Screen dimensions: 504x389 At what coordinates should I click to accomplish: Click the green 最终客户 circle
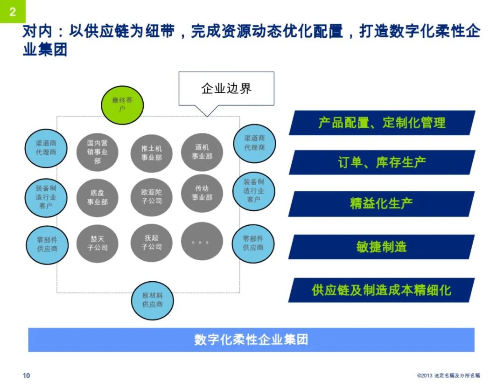[x=122, y=104]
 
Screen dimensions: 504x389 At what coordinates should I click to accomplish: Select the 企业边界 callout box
[x=226, y=88]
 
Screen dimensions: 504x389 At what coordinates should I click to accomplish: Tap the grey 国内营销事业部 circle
[x=97, y=152]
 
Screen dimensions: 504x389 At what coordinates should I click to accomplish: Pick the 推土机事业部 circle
[x=151, y=153]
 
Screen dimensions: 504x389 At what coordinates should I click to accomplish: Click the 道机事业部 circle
[x=202, y=152]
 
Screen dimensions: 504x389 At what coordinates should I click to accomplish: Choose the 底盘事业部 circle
[x=97, y=197]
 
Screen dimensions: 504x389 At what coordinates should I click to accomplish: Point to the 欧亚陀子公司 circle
[x=151, y=196]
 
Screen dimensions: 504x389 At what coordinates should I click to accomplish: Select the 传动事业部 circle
[x=202, y=193]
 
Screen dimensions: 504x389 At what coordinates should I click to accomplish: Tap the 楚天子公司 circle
[x=97, y=243]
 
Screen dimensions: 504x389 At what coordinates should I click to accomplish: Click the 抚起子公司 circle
[x=151, y=242]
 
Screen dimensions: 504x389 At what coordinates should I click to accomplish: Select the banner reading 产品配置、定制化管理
[x=381, y=123]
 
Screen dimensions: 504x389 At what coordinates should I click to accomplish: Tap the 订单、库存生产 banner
[x=381, y=163]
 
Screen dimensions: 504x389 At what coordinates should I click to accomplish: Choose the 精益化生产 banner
[x=381, y=203]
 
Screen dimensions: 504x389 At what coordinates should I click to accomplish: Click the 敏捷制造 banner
[x=381, y=247]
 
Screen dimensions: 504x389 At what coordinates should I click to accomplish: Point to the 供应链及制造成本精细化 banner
[x=381, y=290]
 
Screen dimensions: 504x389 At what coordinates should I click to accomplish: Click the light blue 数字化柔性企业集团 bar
[x=251, y=340]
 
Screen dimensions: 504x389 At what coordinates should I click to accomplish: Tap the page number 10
[x=26, y=375]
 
